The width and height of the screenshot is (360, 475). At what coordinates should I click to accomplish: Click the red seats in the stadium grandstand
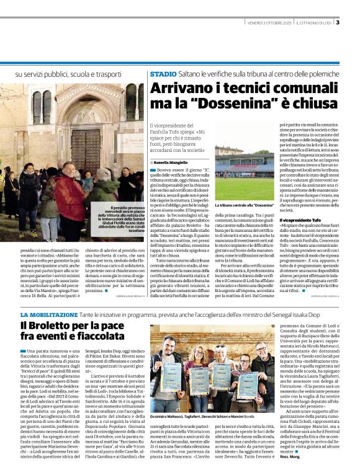click(x=248, y=167)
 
